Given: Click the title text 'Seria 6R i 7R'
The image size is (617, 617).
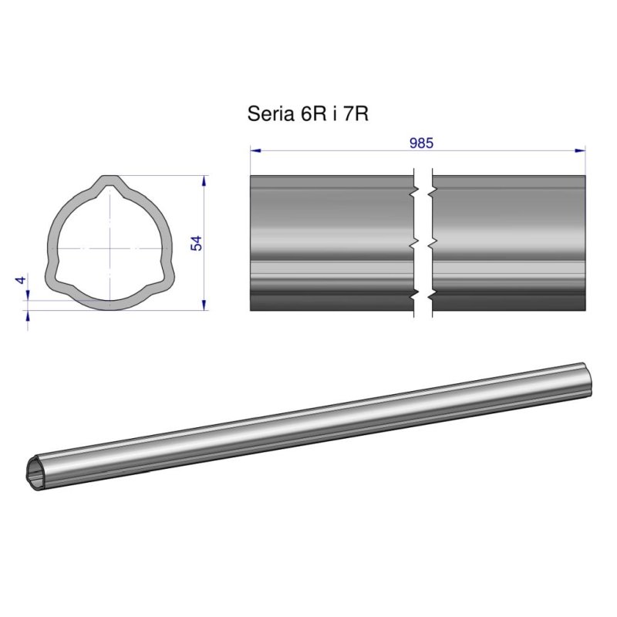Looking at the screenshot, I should [x=306, y=114].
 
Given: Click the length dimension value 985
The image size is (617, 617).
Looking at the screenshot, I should [x=421, y=143].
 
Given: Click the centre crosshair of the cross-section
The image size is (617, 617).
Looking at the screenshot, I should [x=110, y=248].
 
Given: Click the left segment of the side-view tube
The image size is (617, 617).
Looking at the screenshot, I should [x=332, y=243].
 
